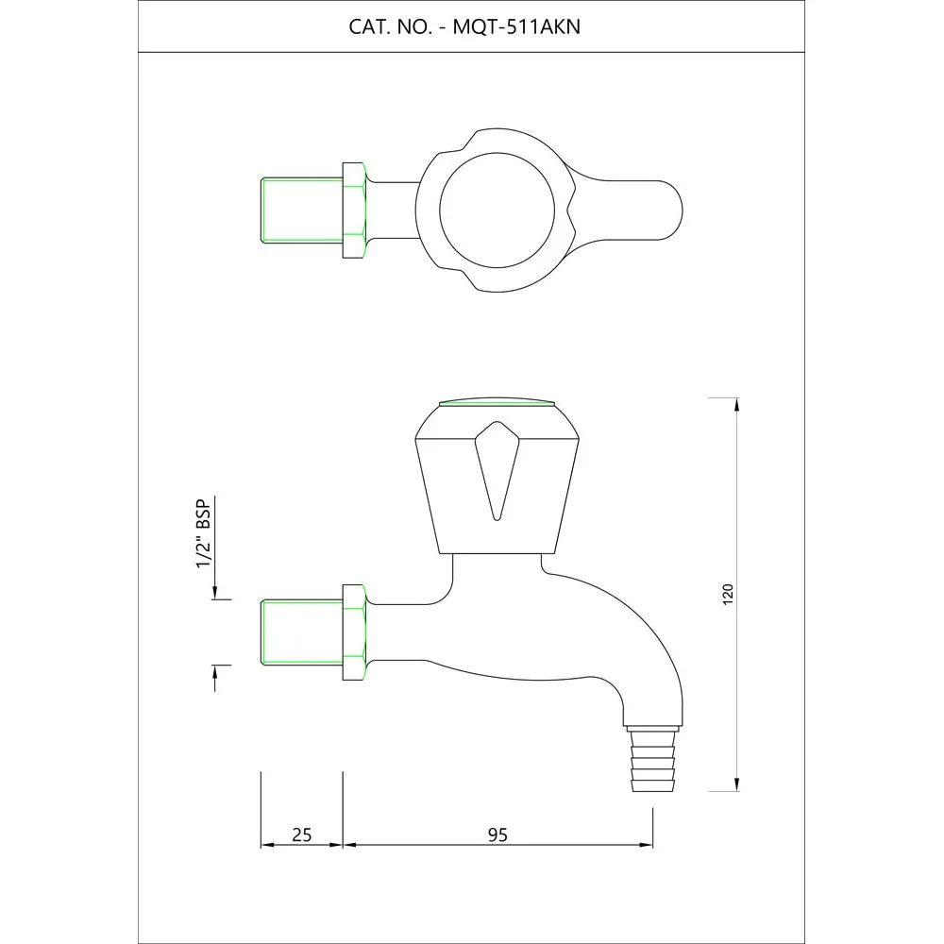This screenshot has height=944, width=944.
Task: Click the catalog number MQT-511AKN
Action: (x=516, y=27)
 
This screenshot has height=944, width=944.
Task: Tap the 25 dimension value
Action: (x=302, y=835)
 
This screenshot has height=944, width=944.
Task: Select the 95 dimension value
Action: (x=497, y=835)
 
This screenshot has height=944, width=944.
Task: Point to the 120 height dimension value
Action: (x=728, y=594)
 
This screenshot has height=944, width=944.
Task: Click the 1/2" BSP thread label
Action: (x=204, y=533)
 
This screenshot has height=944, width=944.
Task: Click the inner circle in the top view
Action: (x=497, y=210)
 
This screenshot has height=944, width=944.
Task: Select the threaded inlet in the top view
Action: (x=302, y=211)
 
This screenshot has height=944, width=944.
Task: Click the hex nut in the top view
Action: (x=354, y=211)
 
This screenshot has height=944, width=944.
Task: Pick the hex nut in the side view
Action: (x=354, y=632)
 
